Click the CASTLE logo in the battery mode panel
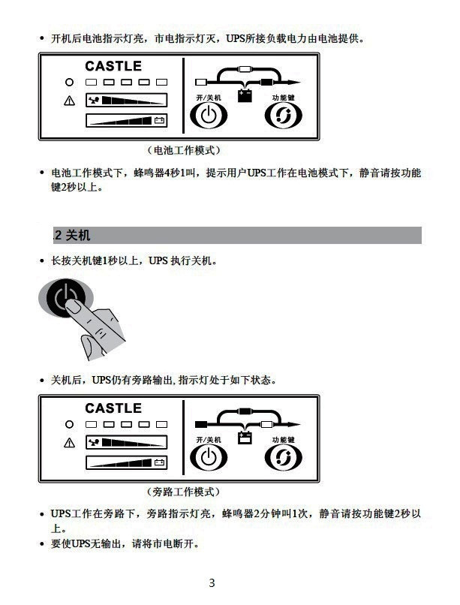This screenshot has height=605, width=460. [113, 67]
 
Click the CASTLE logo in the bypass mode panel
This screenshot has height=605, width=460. [113, 408]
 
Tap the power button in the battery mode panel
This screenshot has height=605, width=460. [208, 116]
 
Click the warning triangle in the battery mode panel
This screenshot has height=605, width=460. [70, 101]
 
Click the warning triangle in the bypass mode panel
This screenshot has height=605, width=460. [70, 442]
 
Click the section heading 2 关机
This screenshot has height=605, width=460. [73, 236]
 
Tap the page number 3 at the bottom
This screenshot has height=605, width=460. [212, 583]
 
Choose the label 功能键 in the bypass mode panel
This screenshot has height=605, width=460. [283, 439]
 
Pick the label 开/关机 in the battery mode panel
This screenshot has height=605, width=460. [208, 98]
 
